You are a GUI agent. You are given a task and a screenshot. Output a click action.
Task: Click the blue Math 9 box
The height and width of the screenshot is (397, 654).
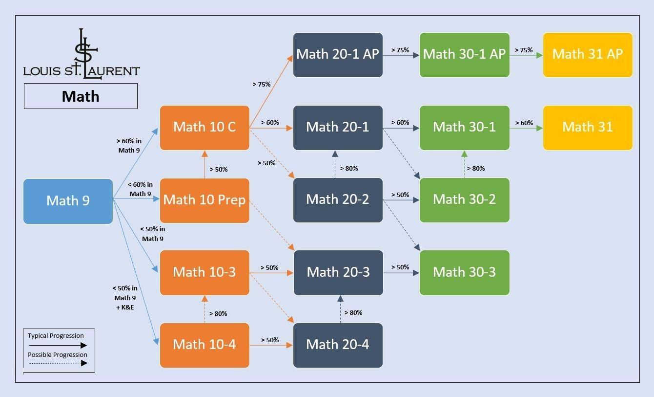(68, 201)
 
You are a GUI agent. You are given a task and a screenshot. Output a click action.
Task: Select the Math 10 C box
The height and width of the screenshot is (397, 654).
(204, 127)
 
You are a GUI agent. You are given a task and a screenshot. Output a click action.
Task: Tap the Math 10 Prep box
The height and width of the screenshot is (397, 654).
(204, 200)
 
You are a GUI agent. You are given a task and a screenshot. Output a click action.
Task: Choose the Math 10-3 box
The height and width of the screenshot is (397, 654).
(204, 272)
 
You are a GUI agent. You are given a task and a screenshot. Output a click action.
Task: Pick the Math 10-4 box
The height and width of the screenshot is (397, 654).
(204, 345)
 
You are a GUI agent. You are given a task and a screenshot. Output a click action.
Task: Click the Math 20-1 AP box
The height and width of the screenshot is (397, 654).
(338, 54)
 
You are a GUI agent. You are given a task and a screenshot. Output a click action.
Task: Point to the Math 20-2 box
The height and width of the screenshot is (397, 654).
(338, 199)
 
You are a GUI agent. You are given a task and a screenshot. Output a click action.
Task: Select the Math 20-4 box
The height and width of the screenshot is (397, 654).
(338, 345)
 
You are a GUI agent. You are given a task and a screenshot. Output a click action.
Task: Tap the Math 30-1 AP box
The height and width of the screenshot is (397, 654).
(464, 54)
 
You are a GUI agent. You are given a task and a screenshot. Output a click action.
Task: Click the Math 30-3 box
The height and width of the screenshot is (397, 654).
(464, 272)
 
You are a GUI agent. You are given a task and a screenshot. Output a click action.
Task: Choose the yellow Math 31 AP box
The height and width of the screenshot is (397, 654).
(588, 54)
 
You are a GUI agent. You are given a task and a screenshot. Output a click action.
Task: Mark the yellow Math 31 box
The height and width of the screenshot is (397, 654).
(588, 127)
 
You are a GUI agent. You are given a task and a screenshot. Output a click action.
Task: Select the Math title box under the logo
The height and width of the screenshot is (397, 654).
(81, 96)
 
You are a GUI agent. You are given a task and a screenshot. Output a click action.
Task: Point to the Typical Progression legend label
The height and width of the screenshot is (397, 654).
(56, 336)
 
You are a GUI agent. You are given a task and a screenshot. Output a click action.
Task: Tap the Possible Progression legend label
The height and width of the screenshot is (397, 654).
(57, 355)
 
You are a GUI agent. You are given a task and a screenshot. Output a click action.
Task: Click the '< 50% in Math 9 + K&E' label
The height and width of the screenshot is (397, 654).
(125, 298)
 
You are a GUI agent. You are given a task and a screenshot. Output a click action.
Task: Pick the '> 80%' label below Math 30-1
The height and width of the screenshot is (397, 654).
(476, 169)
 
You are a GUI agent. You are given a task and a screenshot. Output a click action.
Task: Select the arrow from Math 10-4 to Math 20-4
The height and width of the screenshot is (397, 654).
(271, 345)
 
